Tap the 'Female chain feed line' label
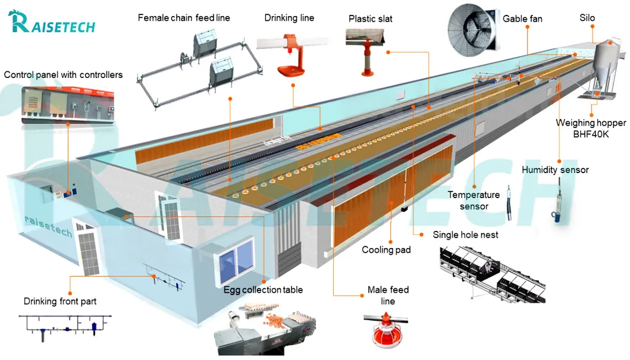coord(184,18)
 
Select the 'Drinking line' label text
coord(289,18)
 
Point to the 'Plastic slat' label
coord(371,18)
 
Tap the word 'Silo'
coord(587,18)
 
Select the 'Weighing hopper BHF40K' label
coord(591,129)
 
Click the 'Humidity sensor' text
coord(555,170)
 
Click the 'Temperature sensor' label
coord(474,201)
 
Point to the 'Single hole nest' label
coord(465,235)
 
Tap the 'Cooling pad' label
coord(386,250)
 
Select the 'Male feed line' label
coord(388,296)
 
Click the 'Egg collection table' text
coord(263,290)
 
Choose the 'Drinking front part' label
coord(60,301)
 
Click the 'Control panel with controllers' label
coord(64,75)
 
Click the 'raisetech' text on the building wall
coord(48,226)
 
